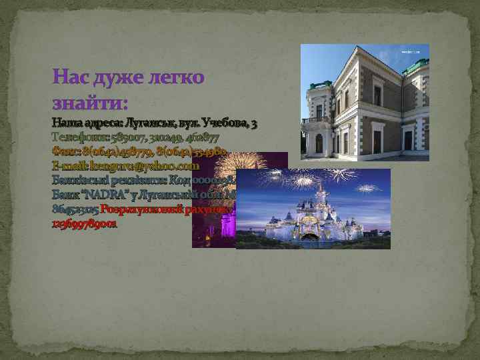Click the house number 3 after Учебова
point(255,124)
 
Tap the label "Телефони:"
point(73,137)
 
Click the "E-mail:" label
point(67,166)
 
